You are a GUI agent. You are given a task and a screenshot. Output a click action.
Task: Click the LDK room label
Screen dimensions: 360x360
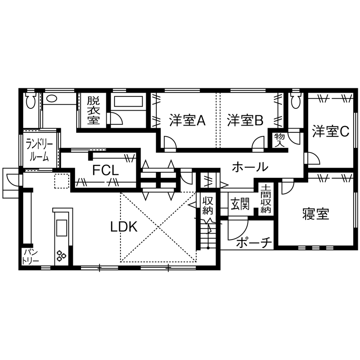pyautogui.click(x=124, y=227)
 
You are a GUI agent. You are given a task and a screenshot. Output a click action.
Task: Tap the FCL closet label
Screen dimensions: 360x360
pyautogui.click(x=105, y=171)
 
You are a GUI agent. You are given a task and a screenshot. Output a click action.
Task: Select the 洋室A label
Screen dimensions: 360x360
pyautogui.click(x=187, y=121)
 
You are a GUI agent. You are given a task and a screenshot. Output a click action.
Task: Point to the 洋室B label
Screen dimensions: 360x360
pyautogui.click(x=245, y=121)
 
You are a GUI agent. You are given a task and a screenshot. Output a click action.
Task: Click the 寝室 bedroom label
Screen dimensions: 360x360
pyautogui.click(x=315, y=213)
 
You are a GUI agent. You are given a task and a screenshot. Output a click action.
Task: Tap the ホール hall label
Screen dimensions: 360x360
pyautogui.click(x=250, y=167)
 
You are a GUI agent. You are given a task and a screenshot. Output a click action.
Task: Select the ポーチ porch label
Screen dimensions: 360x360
pyautogui.click(x=254, y=243)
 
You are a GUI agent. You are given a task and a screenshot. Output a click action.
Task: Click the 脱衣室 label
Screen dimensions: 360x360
pyautogui.click(x=93, y=111)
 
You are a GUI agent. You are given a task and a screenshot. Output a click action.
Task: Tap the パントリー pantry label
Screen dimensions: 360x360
pyautogui.click(x=31, y=256)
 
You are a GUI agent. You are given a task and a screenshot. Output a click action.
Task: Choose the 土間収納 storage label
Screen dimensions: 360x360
pyautogui.click(x=266, y=199)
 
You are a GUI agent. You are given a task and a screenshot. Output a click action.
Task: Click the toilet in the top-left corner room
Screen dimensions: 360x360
pyautogui.click(x=30, y=102)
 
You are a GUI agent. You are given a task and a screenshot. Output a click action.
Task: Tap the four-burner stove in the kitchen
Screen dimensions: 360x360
pyautogui.click(x=61, y=256)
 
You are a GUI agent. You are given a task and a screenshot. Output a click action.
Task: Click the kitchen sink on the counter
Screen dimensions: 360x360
pyautogui.click(x=60, y=227)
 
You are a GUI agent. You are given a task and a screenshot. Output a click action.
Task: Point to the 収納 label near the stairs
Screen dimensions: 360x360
pyautogui.click(x=208, y=205)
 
